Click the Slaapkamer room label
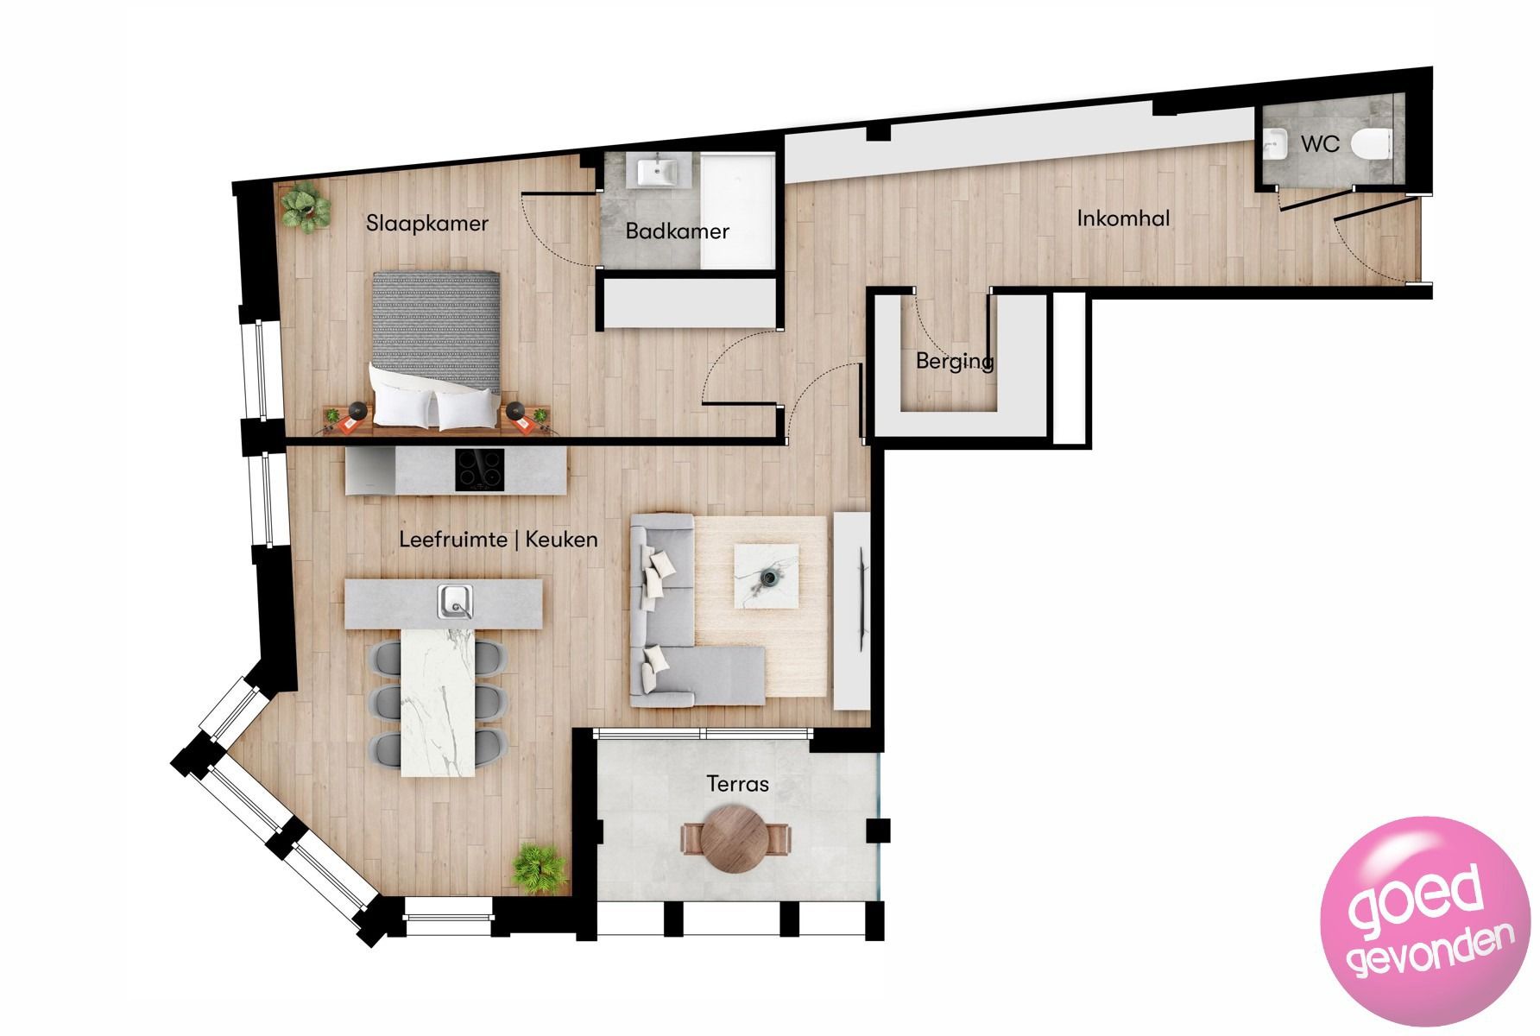coord(426,224)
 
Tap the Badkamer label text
coord(677,231)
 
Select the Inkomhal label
coord(1123,218)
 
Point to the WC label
coord(1320,143)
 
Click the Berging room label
coord(954,361)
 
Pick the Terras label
coord(737,784)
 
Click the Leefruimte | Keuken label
coord(498,540)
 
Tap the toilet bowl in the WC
coord(1371,143)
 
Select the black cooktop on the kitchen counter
coord(480,471)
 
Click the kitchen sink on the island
coord(454,601)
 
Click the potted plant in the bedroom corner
coord(304,207)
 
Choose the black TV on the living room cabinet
coord(862,596)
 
